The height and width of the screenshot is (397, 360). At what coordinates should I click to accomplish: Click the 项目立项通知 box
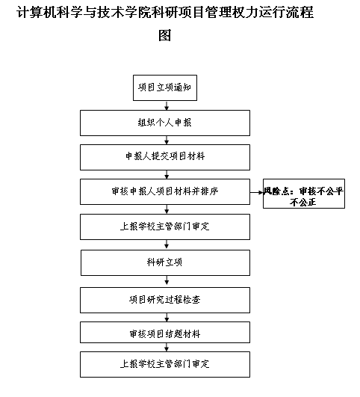click(165, 87)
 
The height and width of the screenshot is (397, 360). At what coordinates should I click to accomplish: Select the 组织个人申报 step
click(165, 123)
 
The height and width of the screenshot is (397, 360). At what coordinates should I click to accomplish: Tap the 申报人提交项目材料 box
click(165, 157)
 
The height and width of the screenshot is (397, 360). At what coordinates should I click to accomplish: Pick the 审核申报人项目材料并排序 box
click(165, 191)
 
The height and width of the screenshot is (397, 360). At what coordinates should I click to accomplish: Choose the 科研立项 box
click(165, 262)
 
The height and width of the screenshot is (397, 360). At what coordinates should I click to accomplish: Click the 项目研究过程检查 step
click(165, 300)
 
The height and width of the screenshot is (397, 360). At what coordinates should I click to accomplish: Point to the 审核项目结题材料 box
click(165, 332)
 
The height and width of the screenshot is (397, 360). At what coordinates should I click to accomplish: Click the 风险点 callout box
click(304, 194)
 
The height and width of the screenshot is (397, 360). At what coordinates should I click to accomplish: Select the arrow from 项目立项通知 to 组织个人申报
click(167, 105)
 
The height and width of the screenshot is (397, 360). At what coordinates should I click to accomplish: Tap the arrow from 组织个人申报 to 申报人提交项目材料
click(167, 141)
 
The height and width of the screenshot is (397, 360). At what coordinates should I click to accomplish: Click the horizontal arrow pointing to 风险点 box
click(256, 192)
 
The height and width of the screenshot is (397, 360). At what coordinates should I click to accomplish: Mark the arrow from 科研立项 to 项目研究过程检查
click(167, 281)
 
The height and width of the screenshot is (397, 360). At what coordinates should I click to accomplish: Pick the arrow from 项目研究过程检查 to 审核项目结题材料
click(167, 317)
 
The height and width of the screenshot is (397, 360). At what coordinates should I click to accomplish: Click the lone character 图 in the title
click(165, 35)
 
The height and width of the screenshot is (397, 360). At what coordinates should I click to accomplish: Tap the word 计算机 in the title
click(37, 12)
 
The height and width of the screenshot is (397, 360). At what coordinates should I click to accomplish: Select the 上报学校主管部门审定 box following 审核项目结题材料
click(165, 364)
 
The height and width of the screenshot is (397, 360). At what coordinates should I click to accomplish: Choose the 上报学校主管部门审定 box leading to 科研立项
click(165, 227)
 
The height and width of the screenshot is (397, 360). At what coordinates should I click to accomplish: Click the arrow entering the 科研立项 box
click(167, 244)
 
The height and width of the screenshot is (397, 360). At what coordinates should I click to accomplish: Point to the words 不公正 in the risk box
click(303, 203)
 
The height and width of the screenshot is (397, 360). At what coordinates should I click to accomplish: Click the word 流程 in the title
click(300, 12)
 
